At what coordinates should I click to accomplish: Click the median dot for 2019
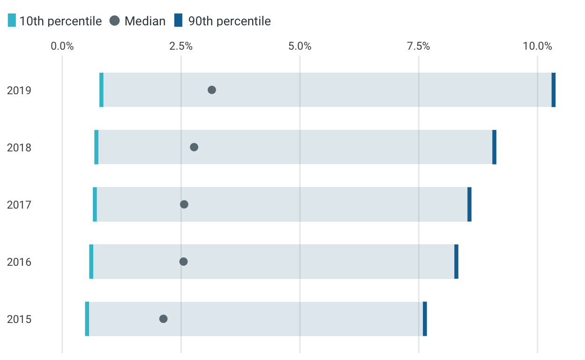click(212, 90)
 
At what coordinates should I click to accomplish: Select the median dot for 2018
click(194, 147)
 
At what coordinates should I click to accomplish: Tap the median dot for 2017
click(184, 204)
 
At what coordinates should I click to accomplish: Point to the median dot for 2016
click(184, 262)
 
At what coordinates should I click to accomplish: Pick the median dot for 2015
click(164, 319)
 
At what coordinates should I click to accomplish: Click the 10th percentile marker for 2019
click(101, 90)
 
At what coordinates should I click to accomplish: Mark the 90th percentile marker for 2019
click(554, 90)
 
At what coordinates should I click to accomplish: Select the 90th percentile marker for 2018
click(495, 147)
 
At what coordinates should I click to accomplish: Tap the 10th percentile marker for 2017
click(95, 204)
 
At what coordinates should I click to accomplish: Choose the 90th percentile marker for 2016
click(456, 262)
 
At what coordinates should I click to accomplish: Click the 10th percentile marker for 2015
click(87, 319)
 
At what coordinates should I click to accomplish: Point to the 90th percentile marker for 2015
click(425, 319)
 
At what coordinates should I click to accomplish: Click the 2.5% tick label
click(181, 46)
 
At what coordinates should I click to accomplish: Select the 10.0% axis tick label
click(538, 46)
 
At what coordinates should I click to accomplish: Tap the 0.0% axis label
click(62, 46)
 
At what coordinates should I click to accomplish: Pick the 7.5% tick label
click(419, 46)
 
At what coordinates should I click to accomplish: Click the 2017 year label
click(19, 205)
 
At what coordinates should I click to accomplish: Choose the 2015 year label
click(19, 319)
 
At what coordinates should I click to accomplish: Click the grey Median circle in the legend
click(115, 20)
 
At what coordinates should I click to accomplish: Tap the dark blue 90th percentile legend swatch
click(179, 20)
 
